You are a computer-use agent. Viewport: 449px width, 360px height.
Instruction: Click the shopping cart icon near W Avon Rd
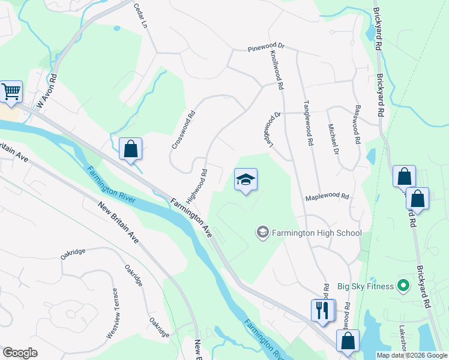tap(11, 92)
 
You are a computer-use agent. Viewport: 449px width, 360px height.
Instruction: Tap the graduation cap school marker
tap(245, 179)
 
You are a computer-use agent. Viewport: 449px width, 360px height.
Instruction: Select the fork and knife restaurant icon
tap(322, 310)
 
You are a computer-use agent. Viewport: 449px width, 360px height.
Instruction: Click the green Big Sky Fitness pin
tap(404, 286)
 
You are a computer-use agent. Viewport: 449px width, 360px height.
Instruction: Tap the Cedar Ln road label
tap(142, 17)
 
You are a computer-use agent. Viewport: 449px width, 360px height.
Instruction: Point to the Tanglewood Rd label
tap(310, 123)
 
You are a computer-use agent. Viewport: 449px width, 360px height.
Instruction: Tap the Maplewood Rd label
tap(327, 196)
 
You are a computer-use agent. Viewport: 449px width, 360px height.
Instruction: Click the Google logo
tap(20, 353)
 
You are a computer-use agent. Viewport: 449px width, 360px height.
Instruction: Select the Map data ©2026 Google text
tap(411, 355)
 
